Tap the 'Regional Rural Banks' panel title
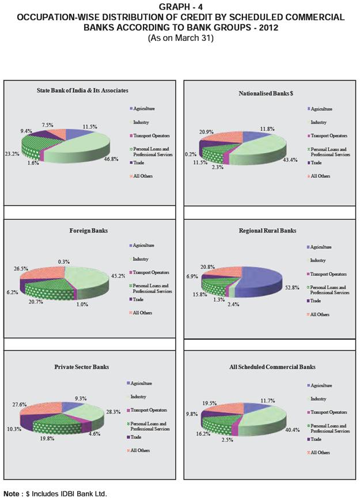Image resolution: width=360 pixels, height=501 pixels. coord(267,231)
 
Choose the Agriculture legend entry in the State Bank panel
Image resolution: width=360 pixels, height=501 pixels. coord(144,109)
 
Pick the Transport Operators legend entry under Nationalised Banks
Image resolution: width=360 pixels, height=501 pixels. coord(328,136)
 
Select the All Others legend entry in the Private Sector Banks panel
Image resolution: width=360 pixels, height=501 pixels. coord(140,450)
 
